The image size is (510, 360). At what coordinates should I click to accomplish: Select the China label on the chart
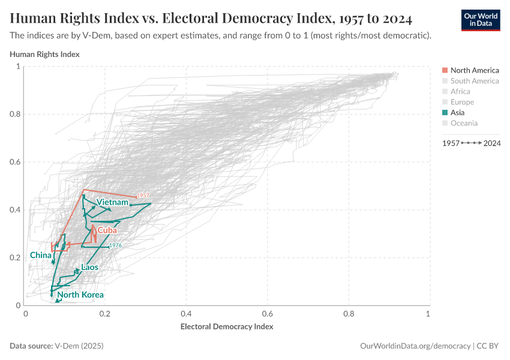pyautogui.click(x=40, y=255)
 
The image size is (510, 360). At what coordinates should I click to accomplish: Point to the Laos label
pyautogui.click(x=89, y=267)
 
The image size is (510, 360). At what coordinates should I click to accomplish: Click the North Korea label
pyautogui.click(x=80, y=295)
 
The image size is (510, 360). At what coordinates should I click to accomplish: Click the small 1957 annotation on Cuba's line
pyautogui.click(x=143, y=196)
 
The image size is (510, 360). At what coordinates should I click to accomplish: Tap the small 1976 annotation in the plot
pyautogui.click(x=115, y=245)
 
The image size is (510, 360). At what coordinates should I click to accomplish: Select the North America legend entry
pyautogui.click(x=474, y=70)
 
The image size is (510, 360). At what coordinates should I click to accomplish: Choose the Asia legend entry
pyautogui.click(x=457, y=112)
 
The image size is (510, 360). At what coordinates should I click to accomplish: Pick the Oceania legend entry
pyautogui.click(x=464, y=123)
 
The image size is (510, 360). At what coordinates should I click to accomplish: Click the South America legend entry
pyautogui.click(x=474, y=81)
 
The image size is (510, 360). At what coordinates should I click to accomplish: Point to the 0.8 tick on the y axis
pyautogui.click(x=16, y=114)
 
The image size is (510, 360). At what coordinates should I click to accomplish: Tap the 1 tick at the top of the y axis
pyautogui.click(x=18, y=67)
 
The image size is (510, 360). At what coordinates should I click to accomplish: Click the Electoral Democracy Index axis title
pyautogui.click(x=227, y=327)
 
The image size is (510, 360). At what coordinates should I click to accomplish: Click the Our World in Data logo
pyautogui.click(x=480, y=20)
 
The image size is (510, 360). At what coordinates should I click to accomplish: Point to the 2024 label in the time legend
pyautogui.click(x=493, y=143)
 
